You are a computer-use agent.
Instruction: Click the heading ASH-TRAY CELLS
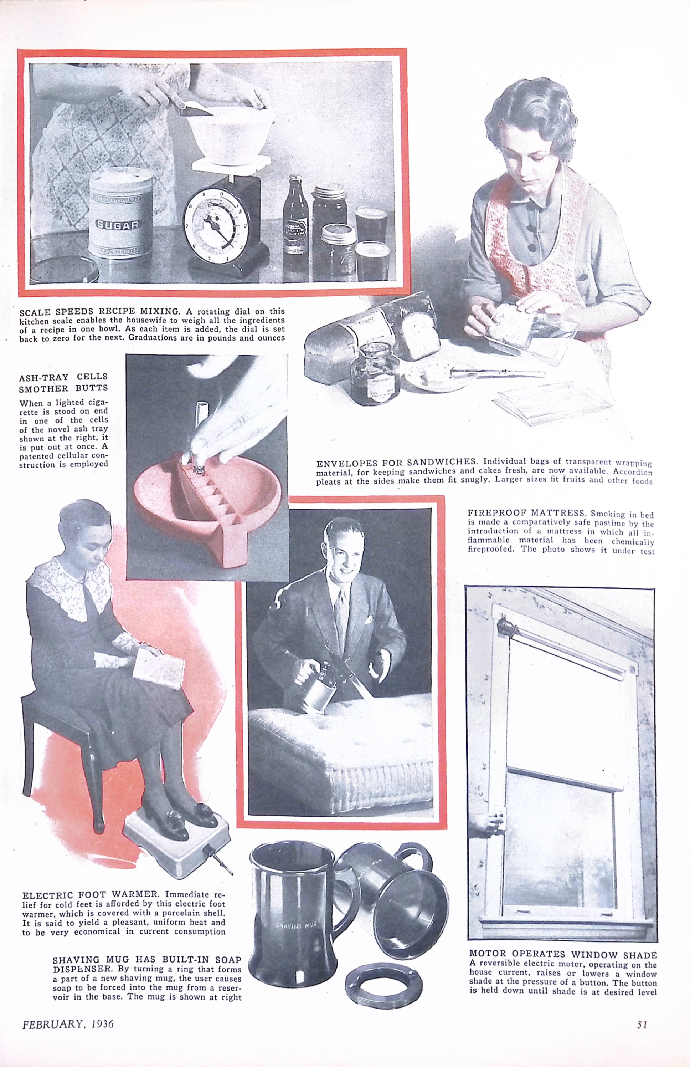click(x=63, y=377)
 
